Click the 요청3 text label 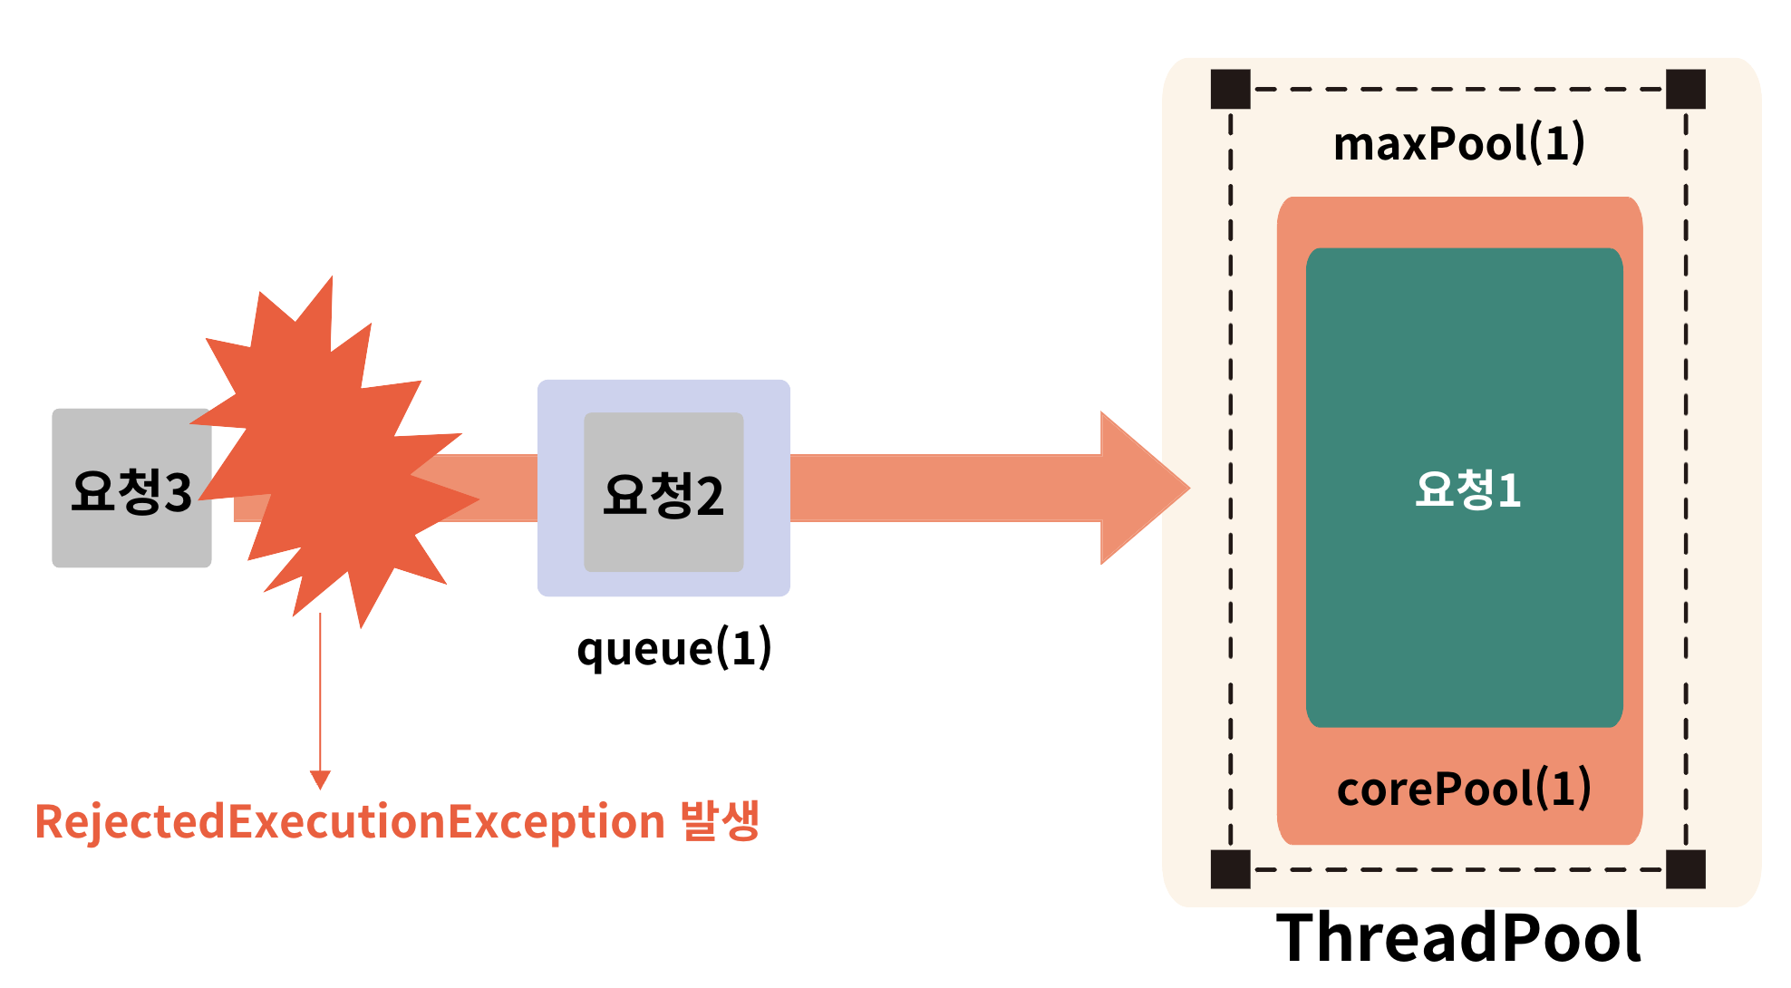tap(131, 492)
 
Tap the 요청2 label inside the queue tap(663, 495)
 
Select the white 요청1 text tap(1467, 489)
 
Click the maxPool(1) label tap(1458, 143)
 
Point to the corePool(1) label tap(1463, 789)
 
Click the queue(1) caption tap(673, 649)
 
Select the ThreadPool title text tap(1457, 937)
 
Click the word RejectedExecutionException tap(350, 822)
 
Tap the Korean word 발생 tap(720, 820)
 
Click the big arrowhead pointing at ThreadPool tap(1142, 488)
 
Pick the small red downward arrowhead tap(320, 780)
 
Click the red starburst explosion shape tap(335, 453)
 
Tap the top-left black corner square tap(1230, 89)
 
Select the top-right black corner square tap(1686, 89)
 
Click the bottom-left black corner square tap(1230, 869)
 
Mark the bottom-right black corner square tap(1686, 869)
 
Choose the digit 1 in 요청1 tap(1508, 490)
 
